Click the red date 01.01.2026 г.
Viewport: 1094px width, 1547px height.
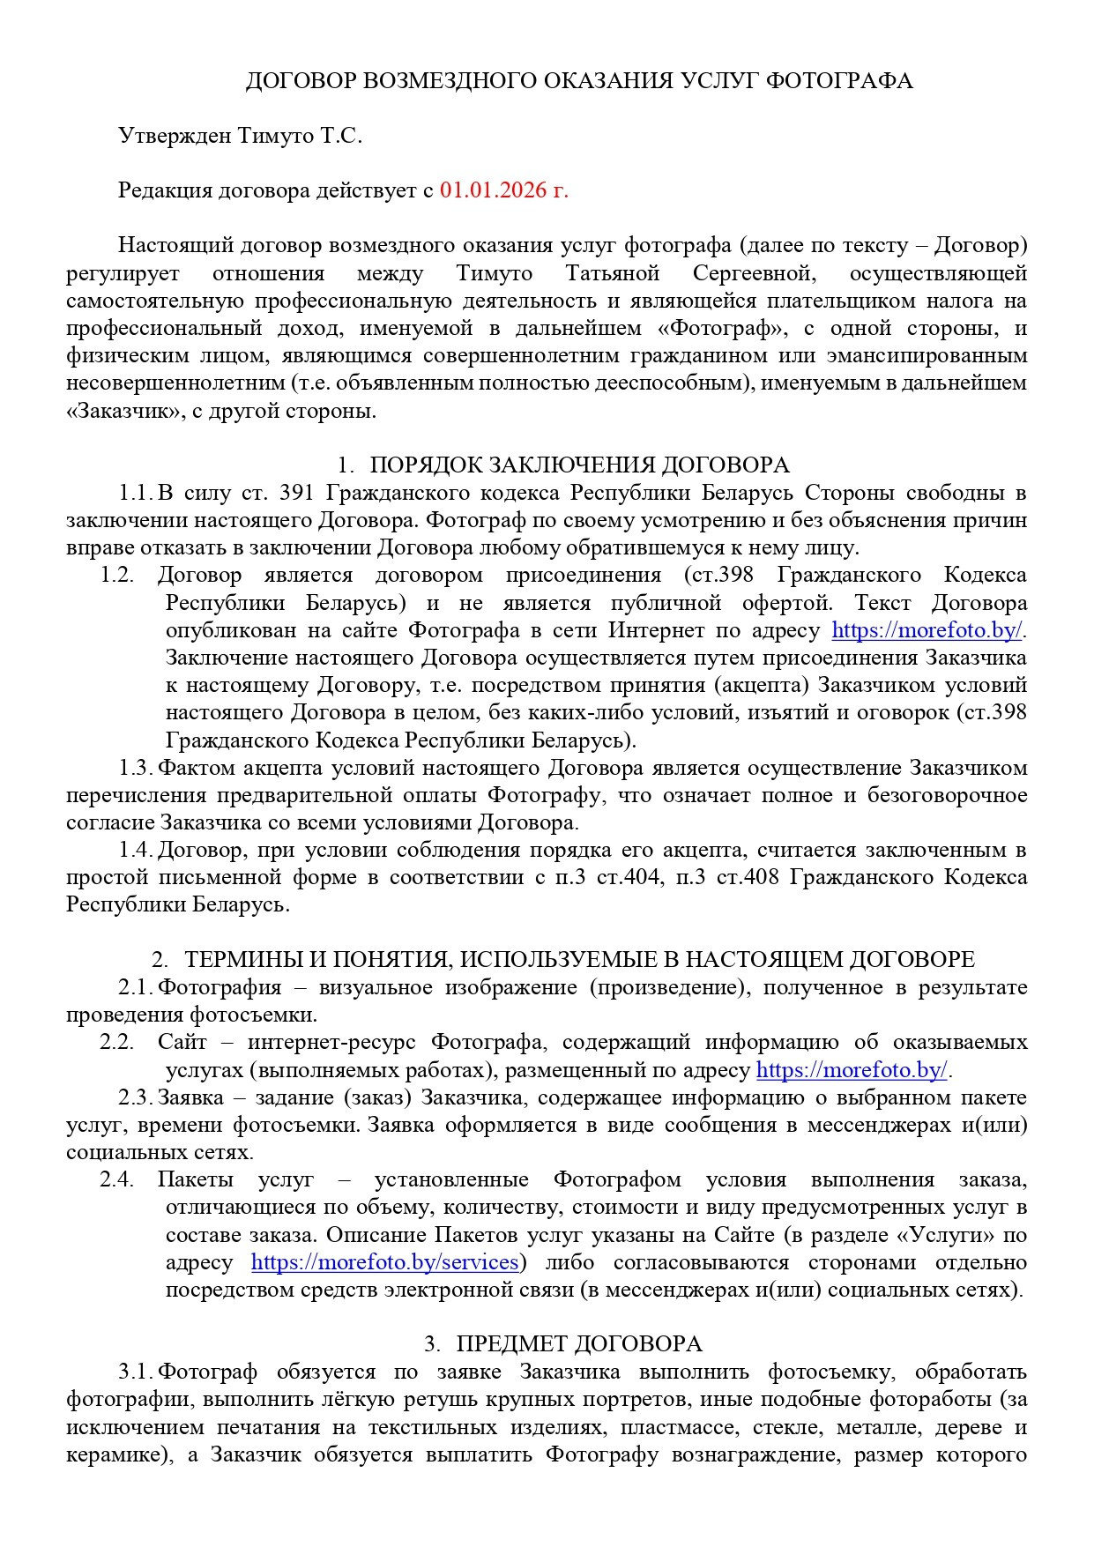(504, 190)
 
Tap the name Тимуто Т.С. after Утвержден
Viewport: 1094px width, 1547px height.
(301, 136)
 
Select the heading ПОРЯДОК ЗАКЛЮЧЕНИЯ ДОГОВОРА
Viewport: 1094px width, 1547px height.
(578, 465)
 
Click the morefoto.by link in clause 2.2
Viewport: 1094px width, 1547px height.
(852, 1070)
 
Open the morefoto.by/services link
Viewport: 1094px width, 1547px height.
(384, 1262)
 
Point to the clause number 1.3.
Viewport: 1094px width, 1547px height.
(136, 768)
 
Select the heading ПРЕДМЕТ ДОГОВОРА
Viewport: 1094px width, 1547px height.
(578, 1344)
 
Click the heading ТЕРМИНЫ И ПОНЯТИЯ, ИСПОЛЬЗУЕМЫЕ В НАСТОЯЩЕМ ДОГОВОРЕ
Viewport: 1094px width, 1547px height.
(579, 960)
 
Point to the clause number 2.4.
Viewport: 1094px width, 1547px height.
(116, 1180)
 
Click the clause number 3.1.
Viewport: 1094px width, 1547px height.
(136, 1372)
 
